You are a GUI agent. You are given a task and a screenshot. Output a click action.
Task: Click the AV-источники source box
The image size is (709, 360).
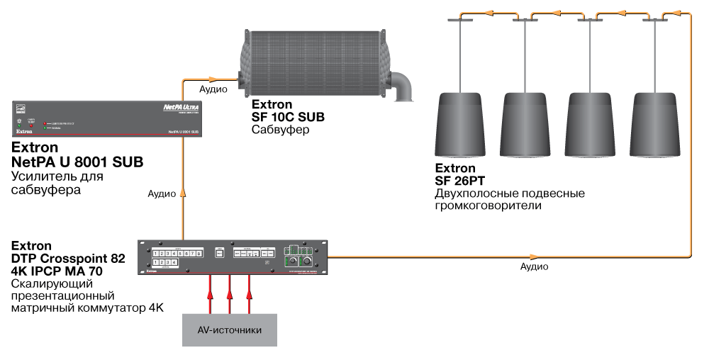point(230,330)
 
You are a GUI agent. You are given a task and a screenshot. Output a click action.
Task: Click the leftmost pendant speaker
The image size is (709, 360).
point(460,124)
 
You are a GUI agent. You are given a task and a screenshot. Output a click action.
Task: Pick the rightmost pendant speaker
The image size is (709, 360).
point(654,124)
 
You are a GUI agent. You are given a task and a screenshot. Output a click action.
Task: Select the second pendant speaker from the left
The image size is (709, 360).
point(525,124)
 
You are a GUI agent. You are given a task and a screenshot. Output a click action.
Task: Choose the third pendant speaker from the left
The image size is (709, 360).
point(589,124)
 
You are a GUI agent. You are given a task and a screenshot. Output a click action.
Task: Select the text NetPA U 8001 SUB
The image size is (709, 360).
point(77,162)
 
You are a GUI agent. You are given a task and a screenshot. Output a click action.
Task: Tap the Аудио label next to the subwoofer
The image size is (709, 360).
point(213,89)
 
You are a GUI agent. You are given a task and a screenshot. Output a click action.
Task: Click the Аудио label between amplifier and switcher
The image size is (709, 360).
point(162,193)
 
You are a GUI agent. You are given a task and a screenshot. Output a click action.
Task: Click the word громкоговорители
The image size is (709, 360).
point(489,206)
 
